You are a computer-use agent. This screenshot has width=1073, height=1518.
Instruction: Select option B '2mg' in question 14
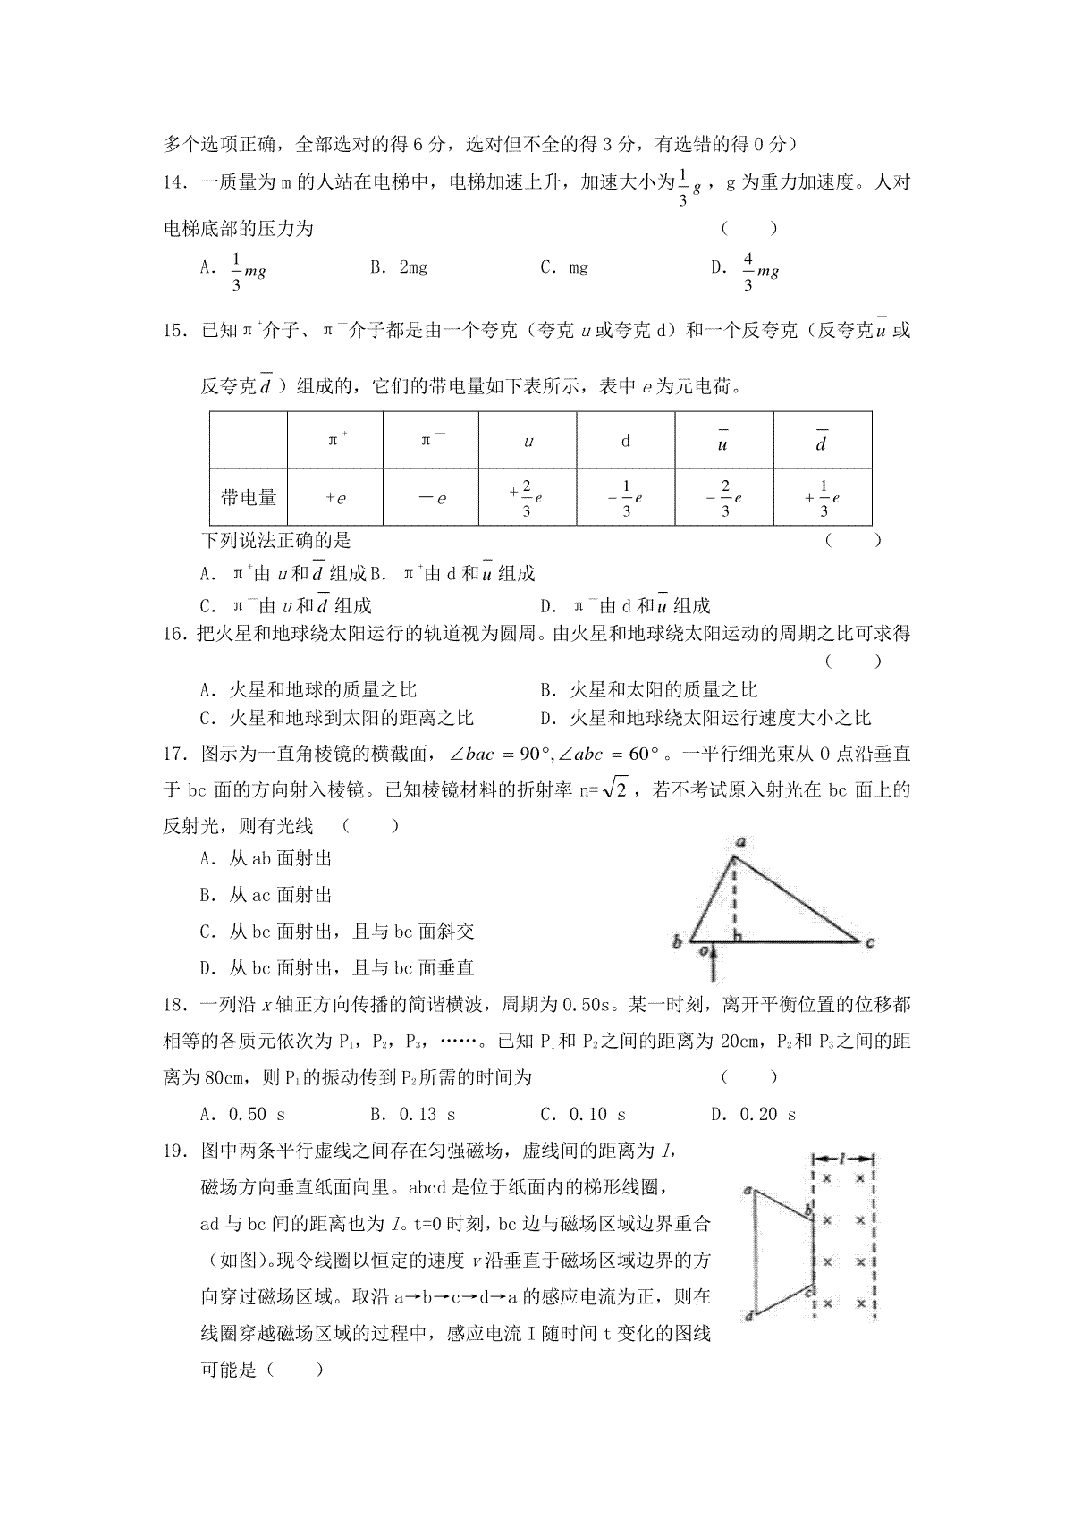click(x=399, y=267)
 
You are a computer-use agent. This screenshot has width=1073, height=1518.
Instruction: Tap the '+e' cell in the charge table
click(x=335, y=498)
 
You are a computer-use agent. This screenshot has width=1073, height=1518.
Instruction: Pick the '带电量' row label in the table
click(x=249, y=497)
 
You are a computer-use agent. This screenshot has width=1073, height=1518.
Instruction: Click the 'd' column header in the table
click(x=626, y=440)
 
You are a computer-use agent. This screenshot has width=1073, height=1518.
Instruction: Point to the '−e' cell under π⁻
click(x=432, y=498)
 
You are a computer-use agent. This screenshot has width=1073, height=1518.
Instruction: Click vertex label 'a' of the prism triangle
click(x=741, y=841)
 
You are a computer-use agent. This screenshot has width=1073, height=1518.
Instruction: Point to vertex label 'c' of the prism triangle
click(x=869, y=941)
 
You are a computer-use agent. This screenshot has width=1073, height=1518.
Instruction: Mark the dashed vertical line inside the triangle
click(x=734, y=898)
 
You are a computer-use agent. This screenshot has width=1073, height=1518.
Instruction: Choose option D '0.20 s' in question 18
click(x=755, y=1114)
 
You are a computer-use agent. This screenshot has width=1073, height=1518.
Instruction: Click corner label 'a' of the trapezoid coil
click(x=747, y=1190)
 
